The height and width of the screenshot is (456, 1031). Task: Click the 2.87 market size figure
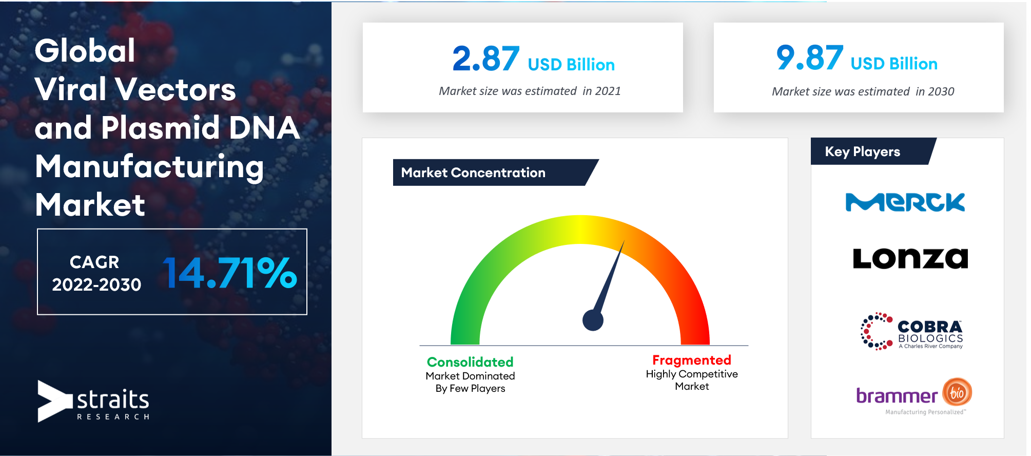(485, 59)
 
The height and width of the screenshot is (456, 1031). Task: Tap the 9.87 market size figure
(810, 58)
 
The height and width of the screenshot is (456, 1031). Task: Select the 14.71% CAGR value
(230, 273)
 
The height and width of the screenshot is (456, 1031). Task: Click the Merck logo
(905, 202)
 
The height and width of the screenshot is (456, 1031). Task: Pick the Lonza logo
(910, 258)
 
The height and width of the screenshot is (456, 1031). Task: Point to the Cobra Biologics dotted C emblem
(876, 331)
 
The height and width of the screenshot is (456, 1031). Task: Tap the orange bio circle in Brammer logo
(957, 393)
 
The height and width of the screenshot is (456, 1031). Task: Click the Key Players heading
(862, 151)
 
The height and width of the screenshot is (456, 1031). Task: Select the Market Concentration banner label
(473, 173)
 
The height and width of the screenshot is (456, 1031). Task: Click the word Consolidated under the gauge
(470, 362)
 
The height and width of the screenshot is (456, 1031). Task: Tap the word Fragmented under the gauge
(692, 360)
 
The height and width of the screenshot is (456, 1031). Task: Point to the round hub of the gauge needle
(593, 320)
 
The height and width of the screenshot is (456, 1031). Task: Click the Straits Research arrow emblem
(54, 401)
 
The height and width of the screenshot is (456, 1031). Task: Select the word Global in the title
(85, 51)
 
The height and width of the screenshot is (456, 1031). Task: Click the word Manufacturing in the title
(149, 167)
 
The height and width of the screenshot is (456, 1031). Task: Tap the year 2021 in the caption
(608, 91)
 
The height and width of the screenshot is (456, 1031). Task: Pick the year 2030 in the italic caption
(941, 91)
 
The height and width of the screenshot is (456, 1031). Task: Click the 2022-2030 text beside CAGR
(96, 284)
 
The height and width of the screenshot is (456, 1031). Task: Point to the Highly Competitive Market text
(692, 380)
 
